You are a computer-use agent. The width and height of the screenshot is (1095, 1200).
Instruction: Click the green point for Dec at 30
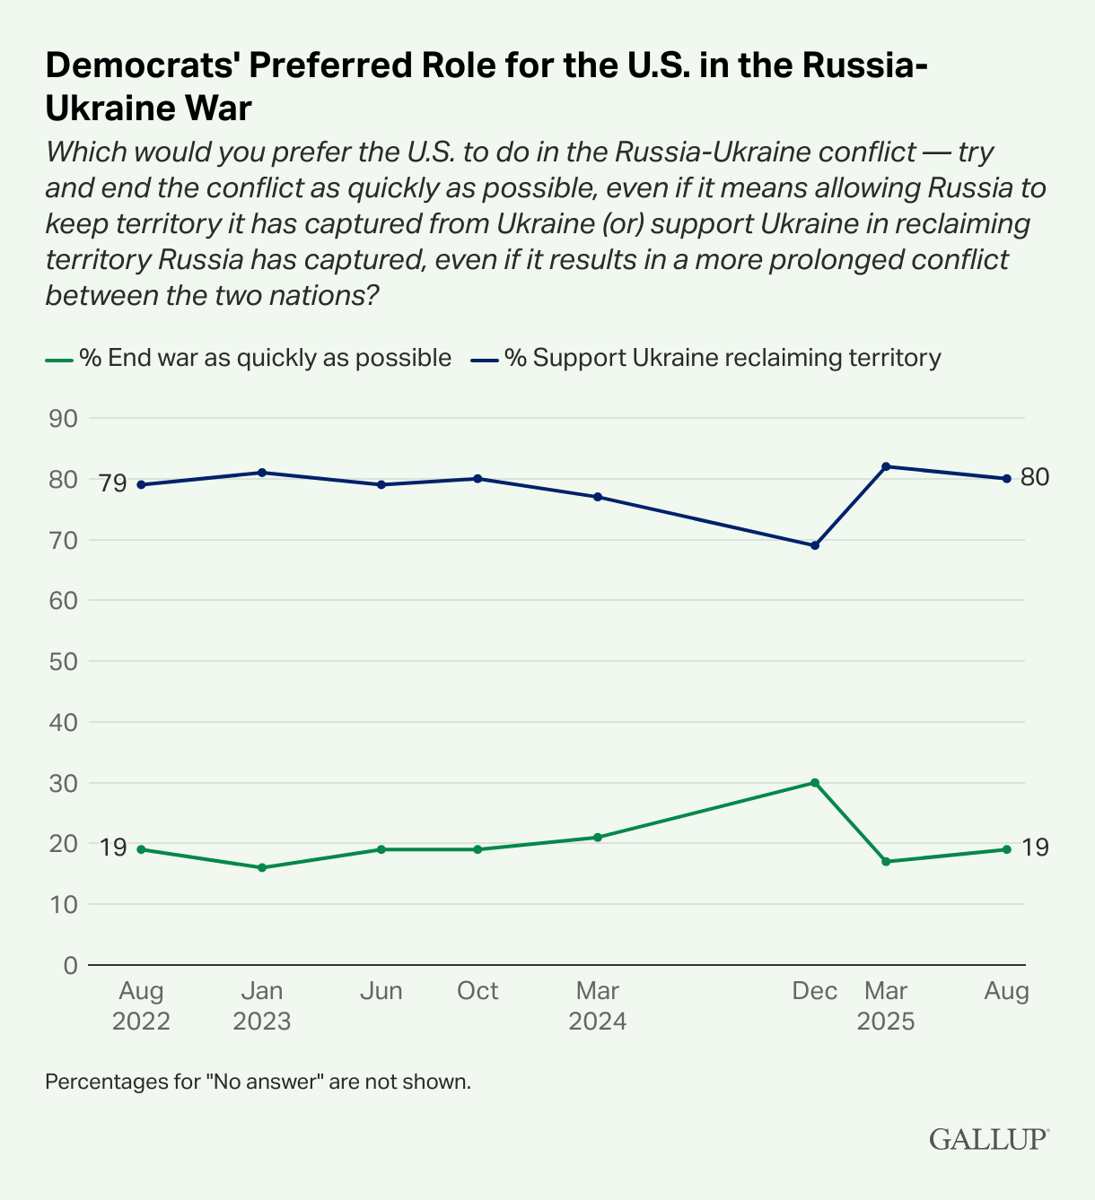pos(815,782)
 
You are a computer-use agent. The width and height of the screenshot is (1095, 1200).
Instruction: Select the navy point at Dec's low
pos(815,545)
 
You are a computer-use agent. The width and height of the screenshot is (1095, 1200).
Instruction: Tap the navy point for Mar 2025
pos(886,466)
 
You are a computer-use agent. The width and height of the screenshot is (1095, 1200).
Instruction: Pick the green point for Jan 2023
pos(262,867)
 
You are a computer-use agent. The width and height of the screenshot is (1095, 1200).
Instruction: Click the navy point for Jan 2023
pos(262,473)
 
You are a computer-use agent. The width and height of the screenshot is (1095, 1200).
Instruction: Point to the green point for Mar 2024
pos(598,838)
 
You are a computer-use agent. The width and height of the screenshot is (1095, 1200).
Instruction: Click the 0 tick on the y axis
pos(71,966)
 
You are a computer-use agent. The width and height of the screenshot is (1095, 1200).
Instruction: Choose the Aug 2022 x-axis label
pos(141,1006)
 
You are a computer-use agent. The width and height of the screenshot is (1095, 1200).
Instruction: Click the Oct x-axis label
pos(477,991)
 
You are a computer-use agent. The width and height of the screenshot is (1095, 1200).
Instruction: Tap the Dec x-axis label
pos(815,991)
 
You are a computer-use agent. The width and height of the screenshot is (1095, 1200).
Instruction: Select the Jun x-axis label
pos(381,991)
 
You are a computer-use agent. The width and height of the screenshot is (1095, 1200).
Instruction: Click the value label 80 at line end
pos(1035,477)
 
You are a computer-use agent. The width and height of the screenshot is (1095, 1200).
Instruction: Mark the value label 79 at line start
pos(113,484)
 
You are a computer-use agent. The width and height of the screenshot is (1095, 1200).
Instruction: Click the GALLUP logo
pos(988,1139)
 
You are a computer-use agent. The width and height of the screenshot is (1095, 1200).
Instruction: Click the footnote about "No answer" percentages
pos(258,1082)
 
